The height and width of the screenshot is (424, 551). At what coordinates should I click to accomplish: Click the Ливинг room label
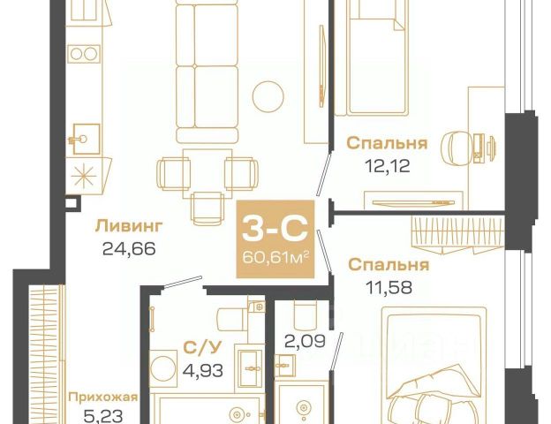click(x=129, y=226)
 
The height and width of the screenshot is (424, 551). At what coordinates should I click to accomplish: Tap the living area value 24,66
click(x=129, y=249)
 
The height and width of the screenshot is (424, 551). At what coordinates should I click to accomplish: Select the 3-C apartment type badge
click(x=275, y=238)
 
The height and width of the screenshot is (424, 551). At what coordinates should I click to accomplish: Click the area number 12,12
click(x=388, y=165)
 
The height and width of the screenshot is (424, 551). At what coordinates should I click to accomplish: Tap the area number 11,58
click(x=389, y=287)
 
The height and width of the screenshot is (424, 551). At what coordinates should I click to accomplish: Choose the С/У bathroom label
click(x=202, y=347)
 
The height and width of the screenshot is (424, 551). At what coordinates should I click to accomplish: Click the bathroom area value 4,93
click(x=203, y=370)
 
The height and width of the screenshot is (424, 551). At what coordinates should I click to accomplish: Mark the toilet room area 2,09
click(x=305, y=341)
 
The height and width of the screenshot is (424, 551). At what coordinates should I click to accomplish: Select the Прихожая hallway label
click(x=103, y=397)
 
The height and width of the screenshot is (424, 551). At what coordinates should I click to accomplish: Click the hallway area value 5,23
click(x=103, y=417)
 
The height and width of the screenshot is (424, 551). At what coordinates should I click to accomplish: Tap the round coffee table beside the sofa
click(x=268, y=96)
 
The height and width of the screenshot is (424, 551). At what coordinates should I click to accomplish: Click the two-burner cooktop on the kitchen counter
click(x=84, y=54)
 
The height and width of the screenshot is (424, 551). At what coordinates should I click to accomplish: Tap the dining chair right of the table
click(x=241, y=174)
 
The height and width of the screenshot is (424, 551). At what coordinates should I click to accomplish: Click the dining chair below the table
click(x=208, y=208)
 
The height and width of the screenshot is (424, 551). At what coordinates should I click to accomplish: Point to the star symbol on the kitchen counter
click(x=84, y=176)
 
